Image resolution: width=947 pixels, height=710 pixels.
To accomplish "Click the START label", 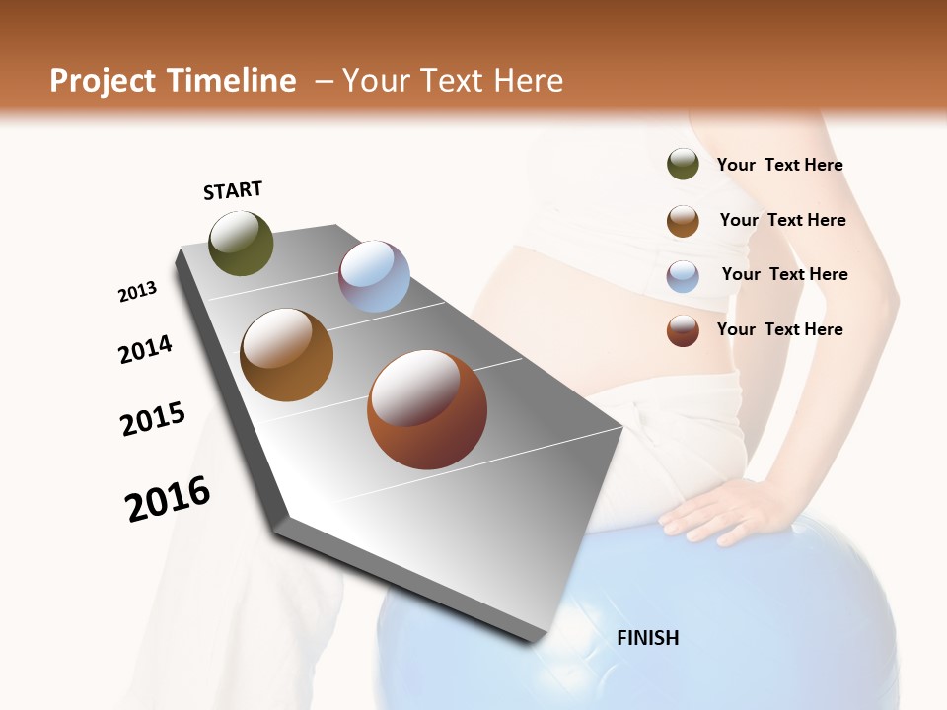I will (233, 190).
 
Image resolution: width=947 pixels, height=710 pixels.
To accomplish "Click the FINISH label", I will (647, 638).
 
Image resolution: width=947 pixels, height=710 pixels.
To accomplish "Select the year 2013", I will (137, 292).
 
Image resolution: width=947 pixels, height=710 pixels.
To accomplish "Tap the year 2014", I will (145, 349).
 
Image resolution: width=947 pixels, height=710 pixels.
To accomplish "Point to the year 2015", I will (153, 419).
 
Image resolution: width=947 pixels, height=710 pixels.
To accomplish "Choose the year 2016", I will (168, 499).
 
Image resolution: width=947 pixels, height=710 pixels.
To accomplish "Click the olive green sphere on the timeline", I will (241, 243).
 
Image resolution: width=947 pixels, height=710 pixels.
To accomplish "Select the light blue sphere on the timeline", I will (374, 276).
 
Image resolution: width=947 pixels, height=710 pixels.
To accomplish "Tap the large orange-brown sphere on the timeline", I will (286, 354).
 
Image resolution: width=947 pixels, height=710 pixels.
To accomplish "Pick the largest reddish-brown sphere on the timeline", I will (426, 408).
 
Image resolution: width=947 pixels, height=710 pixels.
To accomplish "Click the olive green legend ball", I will (683, 165).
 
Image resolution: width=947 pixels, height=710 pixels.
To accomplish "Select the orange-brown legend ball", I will (683, 221).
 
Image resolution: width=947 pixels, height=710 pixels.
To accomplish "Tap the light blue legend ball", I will (683, 276).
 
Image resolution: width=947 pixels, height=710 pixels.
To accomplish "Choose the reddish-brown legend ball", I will (683, 330).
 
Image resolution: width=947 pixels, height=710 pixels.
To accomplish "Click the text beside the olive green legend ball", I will (779, 165).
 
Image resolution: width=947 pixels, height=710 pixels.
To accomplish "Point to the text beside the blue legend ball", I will (784, 274).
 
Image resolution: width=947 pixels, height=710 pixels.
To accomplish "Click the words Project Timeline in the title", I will (173, 81).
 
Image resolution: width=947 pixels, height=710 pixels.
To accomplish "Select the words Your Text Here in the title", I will (452, 81).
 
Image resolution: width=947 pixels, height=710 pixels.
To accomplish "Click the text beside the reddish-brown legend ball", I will (779, 329).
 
